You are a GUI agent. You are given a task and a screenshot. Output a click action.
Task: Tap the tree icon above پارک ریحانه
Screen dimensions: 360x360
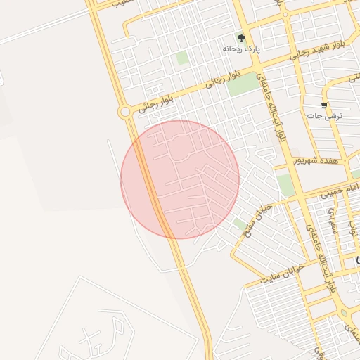(242, 38)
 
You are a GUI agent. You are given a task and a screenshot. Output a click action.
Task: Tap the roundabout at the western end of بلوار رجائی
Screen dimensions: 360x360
(124, 111)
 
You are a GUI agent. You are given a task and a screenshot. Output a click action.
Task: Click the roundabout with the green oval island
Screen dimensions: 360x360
(345, 314)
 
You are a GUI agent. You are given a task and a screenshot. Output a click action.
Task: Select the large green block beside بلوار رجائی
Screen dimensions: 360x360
(243, 84)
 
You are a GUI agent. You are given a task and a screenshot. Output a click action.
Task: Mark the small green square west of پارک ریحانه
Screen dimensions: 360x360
(182, 58)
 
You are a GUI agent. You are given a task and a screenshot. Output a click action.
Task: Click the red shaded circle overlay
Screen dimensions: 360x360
(180, 179)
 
